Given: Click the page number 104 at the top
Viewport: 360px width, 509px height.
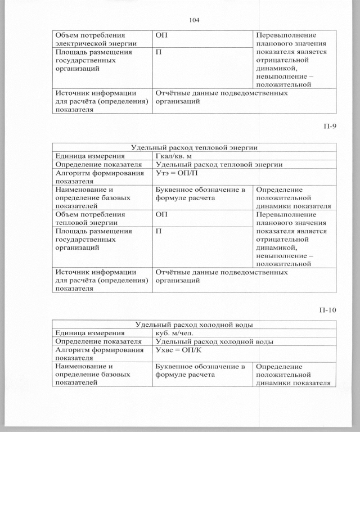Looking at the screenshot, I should pyautogui.click(x=195, y=20).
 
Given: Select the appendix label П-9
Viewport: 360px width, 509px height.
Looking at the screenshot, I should pyautogui.click(x=330, y=126).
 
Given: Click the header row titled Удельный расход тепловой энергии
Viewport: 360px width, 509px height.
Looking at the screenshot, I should pyautogui.click(x=194, y=147).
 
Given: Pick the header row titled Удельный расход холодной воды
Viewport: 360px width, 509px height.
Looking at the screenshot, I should pyautogui.click(x=194, y=325).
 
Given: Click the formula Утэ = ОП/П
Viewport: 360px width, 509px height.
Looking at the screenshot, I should pyautogui.click(x=176, y=174).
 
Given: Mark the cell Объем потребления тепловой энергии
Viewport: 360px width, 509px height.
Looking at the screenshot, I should pyautogui.click(x=89, y=218).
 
